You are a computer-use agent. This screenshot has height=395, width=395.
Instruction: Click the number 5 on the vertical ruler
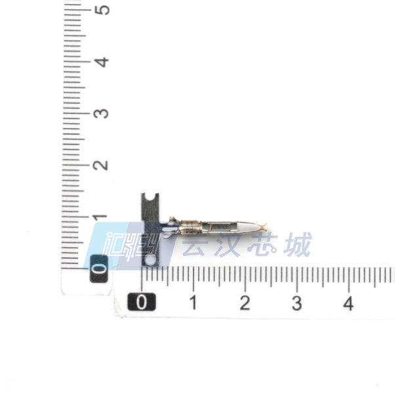tap(102, 10)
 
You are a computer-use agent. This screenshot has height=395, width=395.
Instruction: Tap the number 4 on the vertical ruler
tap(102, 62)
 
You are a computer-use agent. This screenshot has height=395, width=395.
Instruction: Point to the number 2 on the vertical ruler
tap(101, 165)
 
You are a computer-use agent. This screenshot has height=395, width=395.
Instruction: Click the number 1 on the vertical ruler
tap(100, 217)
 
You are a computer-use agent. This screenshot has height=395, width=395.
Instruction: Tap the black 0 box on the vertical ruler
tap(99, 268)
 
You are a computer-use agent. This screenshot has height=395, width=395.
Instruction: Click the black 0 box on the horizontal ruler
tap(142, 302)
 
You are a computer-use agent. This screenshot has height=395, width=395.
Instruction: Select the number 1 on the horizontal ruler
tap(193, 302)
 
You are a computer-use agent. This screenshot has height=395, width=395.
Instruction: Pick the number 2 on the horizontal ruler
tap(245, 302)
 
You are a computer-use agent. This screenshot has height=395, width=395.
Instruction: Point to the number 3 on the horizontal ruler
tap(297, 303)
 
